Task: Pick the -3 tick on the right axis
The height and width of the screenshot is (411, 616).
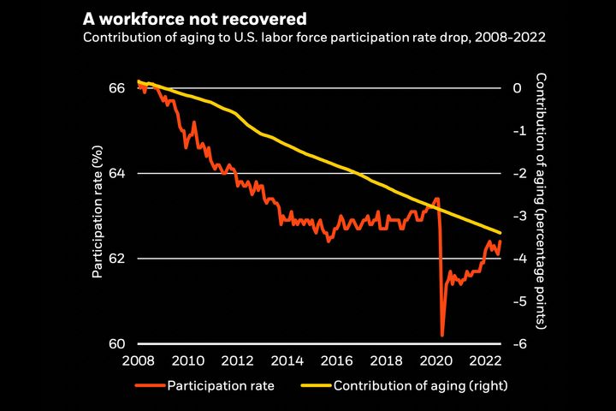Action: [517, 216]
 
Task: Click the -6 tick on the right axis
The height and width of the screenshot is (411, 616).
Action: [517, 343]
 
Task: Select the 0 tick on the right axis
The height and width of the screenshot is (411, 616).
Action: [517, 88]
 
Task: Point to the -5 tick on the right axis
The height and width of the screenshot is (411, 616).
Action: [517, 301]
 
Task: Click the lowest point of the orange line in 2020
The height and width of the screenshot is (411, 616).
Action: [442, 336]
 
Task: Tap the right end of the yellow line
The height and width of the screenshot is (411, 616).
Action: [500, 233]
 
